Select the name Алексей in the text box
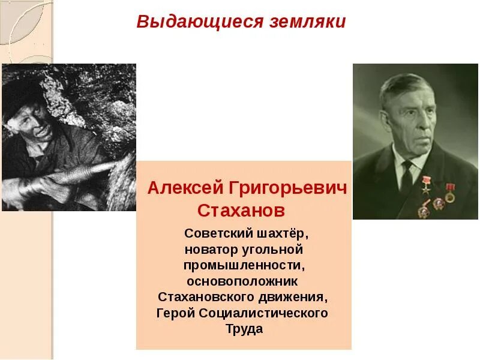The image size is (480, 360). click(x=185, y=188)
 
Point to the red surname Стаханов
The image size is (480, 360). click(x=241, y=211)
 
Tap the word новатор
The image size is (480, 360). click(x=211, y=248)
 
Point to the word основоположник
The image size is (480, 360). click(x=242, y=281)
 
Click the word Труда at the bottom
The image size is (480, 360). click(x=244, y=329)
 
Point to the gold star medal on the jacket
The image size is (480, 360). click(x=427, y=183)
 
